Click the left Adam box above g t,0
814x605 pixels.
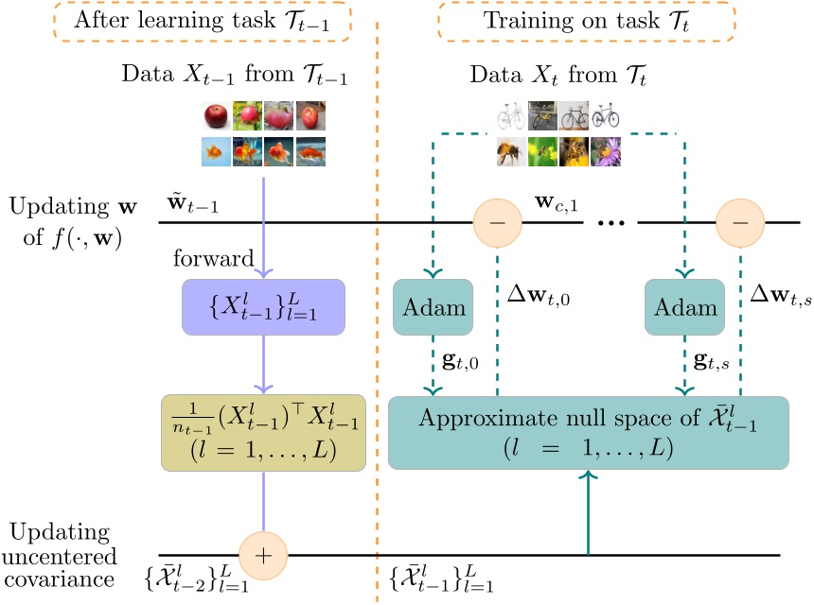(433, 307)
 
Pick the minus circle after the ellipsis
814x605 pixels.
(740, 223)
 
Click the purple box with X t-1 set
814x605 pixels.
(263, 307)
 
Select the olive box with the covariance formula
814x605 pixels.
(263, 431)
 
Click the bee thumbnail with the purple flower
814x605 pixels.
(606, 151)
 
